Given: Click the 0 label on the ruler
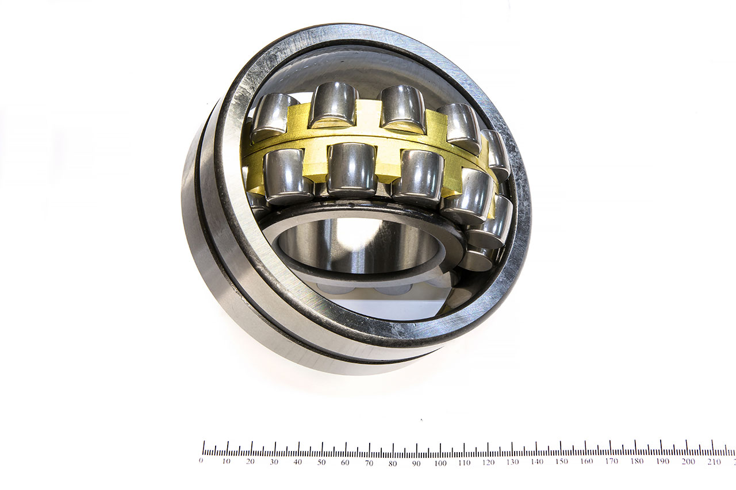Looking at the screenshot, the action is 201,461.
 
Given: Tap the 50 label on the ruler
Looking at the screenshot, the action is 321,462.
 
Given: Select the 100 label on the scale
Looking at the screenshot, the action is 440,463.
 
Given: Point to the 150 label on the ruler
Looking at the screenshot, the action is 562,462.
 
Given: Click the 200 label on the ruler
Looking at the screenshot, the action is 688,462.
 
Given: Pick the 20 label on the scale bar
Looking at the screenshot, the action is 250,461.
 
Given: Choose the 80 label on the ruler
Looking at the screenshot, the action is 392,464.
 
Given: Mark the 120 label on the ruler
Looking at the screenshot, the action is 488,462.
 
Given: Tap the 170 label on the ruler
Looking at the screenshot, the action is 611,461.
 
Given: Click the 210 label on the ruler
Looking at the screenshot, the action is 714,462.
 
